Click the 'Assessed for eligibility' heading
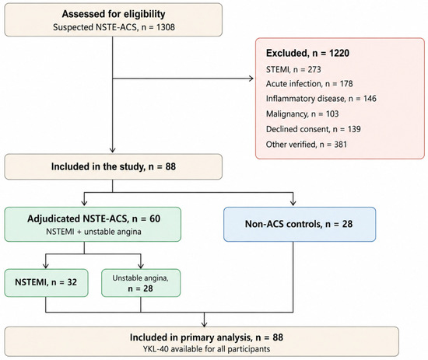(114, 14)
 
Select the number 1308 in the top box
(166, 27)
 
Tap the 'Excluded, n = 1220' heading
(307, 53)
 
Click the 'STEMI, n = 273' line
(293, 69)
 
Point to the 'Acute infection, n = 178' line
(309, 83)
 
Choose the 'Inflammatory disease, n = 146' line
(321, 99)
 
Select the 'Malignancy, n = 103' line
(303, 114)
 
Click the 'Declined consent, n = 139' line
(314, 129)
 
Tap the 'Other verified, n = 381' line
(307, 145)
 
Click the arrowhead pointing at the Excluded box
(251, 79)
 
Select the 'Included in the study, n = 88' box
(114, 166)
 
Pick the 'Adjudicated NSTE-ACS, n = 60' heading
(93, 218)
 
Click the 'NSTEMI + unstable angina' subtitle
(93, 232)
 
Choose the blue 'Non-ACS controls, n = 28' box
(300, 224)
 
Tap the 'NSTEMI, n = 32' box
(46, 283)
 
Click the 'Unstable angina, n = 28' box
(141, 283)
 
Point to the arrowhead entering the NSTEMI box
(46, 266)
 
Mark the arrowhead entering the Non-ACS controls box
(293, 203)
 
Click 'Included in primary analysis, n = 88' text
(206, 337)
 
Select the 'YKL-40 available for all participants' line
(207, 349)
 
